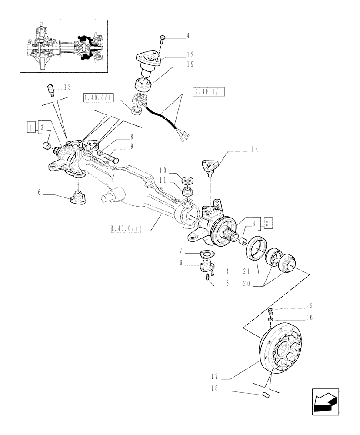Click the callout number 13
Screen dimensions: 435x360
(x=67, y=87)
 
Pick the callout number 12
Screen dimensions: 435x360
(x=190, y=55)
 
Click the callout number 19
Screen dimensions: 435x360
(x=190, y=64)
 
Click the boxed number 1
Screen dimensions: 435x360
(x=30, y=127)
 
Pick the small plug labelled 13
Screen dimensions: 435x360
(x=50, y=90)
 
